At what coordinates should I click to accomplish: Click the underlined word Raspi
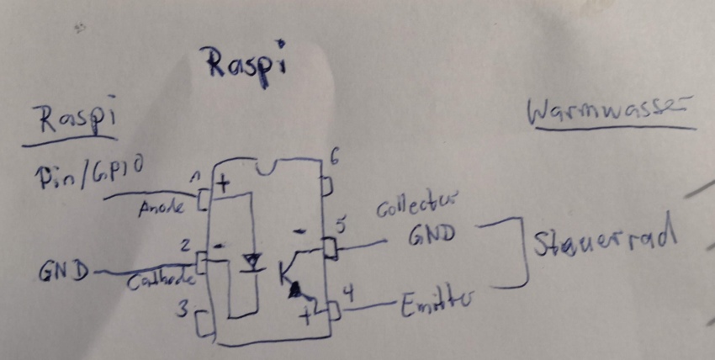click(74, 119)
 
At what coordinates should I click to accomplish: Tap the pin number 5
click(339, 225)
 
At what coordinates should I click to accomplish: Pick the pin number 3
click(182, 310)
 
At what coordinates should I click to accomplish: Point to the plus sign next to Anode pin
click(223, 183)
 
